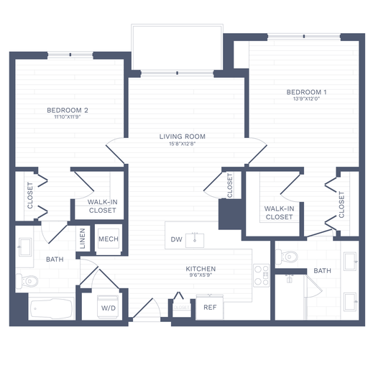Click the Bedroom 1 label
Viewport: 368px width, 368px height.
tap(306, 92)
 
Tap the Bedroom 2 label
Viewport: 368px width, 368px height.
tap(67, 110)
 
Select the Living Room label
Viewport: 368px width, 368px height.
tap(183, 136)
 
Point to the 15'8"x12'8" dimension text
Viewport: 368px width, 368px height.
tap(183, 144)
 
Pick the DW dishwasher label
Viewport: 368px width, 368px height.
tap(176, 239)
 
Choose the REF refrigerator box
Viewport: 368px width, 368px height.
tap(210, 307)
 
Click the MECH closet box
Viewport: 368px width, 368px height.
tap(108, 239)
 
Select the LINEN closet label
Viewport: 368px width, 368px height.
tap(83, 239)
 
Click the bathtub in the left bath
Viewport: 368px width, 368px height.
tap(52, 310)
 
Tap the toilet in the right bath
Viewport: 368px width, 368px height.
tap(287, 255)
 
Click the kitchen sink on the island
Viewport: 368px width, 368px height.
tap(195, 239)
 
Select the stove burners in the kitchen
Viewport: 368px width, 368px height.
tap(261, 275)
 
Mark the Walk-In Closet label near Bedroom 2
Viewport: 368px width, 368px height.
tap(102, 206)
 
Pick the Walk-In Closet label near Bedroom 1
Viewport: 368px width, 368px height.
tap(279, 212)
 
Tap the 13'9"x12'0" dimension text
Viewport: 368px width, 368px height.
tap(306, 99)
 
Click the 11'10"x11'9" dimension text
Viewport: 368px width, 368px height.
tap(67, 117)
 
